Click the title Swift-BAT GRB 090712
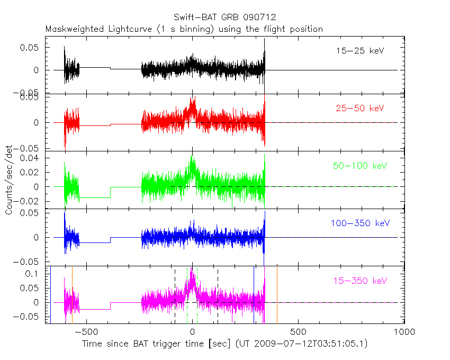(224, 17)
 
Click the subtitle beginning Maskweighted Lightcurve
(184, 29)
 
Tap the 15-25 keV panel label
(360, 51)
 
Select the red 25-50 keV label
(360, 109)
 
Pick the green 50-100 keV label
(360, 166)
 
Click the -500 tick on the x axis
(85, 332)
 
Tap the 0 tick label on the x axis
(192, 332)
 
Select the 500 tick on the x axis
(298, 332)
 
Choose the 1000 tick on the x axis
(404, 332)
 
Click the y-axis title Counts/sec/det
(9, 180)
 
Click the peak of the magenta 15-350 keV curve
(192, 270)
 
